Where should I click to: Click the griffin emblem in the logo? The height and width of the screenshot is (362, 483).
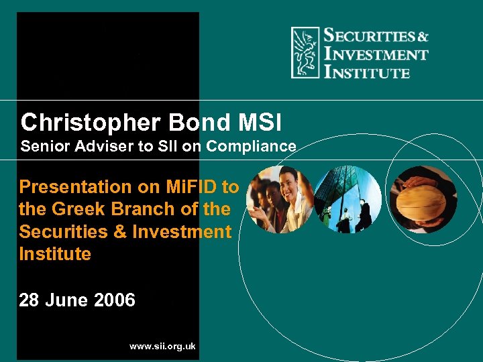click(x=305, y=53)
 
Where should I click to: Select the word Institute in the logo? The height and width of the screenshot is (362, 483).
click(x=366, y=71)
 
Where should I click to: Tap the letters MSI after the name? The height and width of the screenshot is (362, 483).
click(x=259, y=123)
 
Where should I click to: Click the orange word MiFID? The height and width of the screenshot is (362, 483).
click(x=201, y=186)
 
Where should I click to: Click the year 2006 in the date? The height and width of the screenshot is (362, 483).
click(x=115, y=300)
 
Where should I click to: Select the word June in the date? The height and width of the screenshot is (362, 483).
click(x=67, y=300)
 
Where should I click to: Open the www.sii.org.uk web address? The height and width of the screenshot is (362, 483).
click(x=162, y=346)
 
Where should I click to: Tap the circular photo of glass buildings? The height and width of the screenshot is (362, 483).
click(x=347, y=199)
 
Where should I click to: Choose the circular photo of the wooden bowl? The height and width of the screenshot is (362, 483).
click(x=423, y=199)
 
